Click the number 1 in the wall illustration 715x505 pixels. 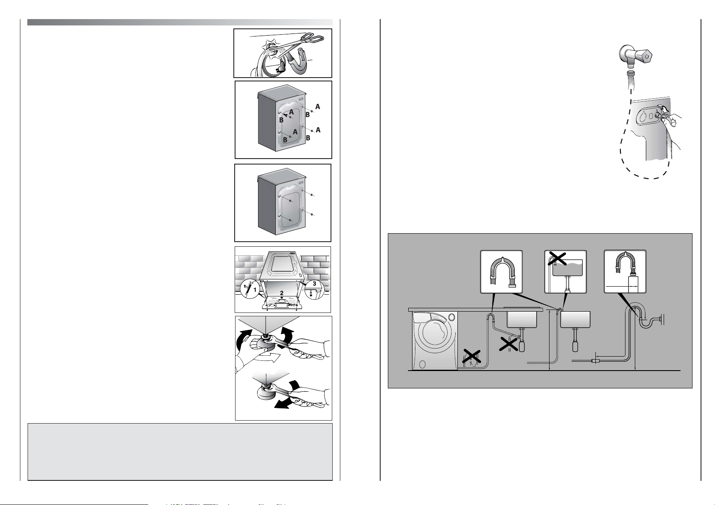[255, 290]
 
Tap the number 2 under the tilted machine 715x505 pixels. [281, 293]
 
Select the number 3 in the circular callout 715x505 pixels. [314, 284]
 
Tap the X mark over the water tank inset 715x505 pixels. [557, 259]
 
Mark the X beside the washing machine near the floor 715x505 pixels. [472, 356]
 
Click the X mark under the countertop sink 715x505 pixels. [508, 344]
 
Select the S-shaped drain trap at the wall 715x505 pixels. [646, 322]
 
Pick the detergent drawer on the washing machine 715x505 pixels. [421, 318]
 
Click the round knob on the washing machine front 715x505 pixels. [451, 317]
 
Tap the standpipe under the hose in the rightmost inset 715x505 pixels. [633, 285]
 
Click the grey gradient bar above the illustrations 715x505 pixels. [180, 22]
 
